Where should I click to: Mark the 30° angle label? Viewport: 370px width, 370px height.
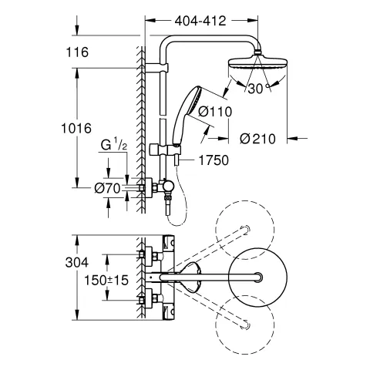tap(258, 89)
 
